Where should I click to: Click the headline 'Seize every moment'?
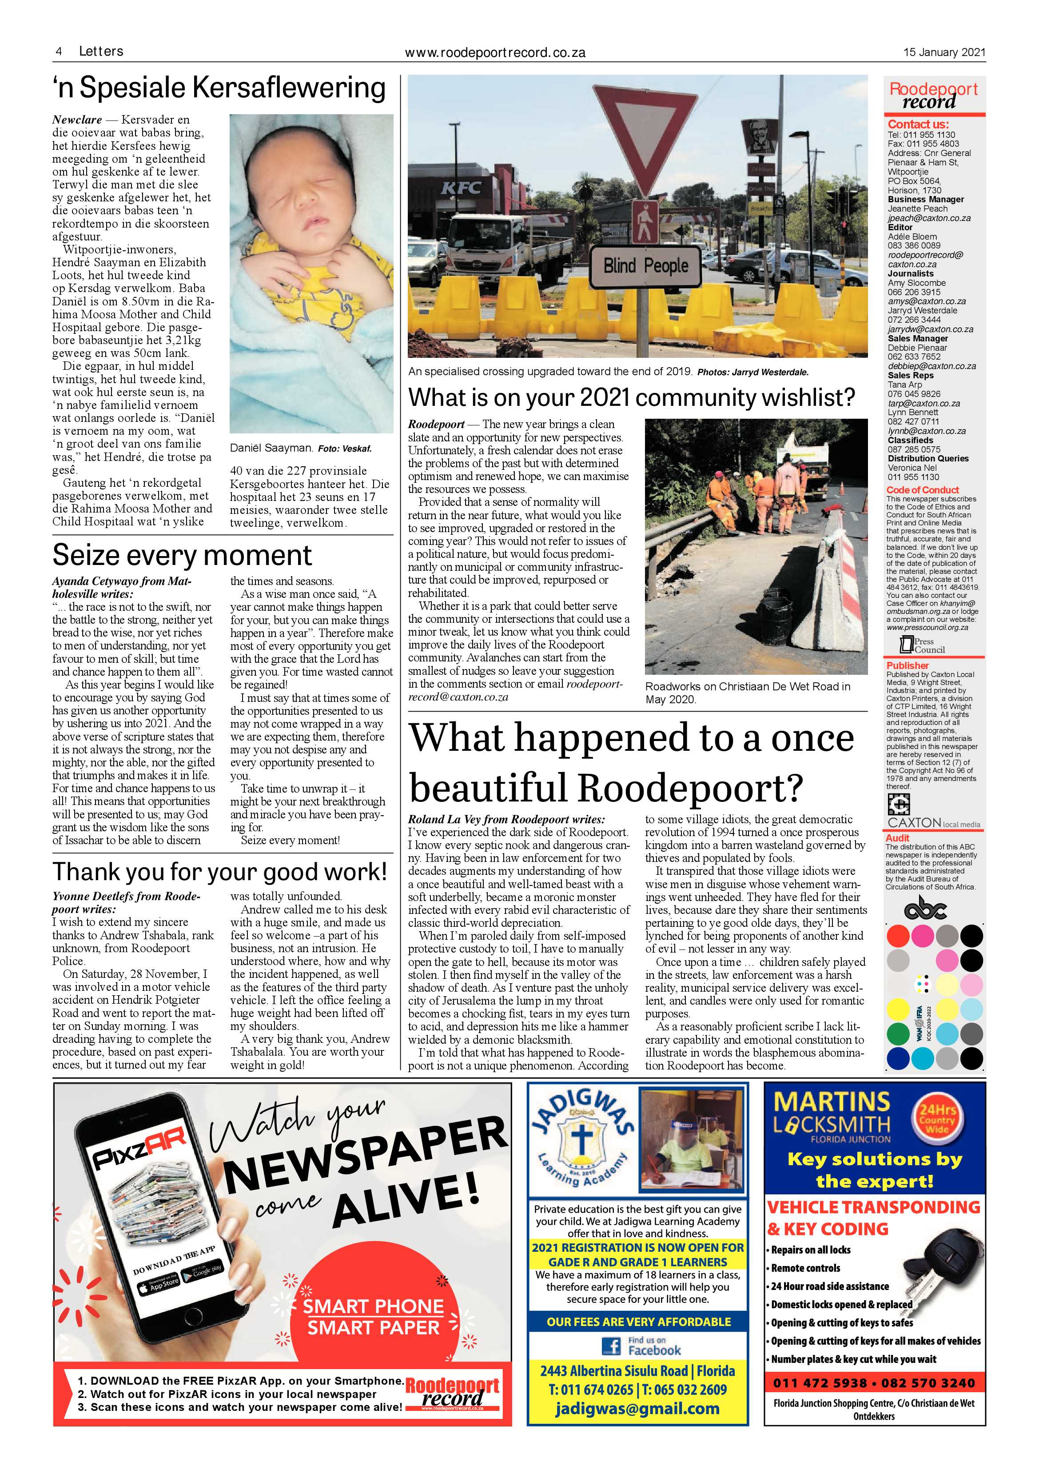182,555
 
